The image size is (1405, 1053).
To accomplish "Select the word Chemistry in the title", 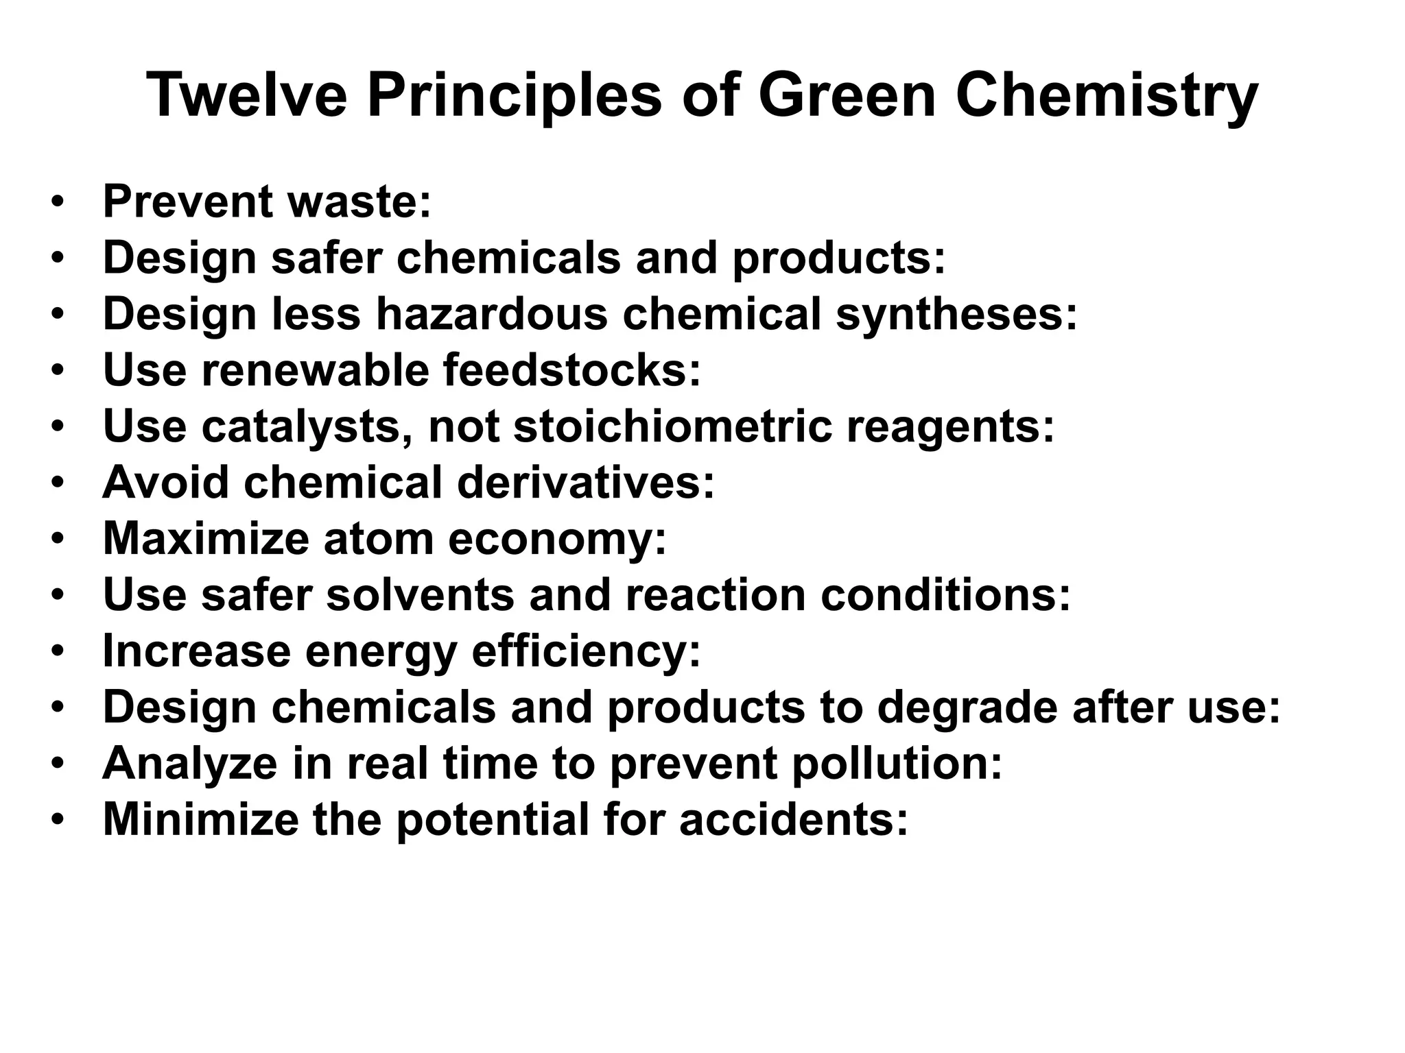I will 1107,97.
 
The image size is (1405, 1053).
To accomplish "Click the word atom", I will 378,539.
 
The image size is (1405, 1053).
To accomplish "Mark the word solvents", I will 419,595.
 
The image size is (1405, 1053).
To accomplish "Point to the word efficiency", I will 578,651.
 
